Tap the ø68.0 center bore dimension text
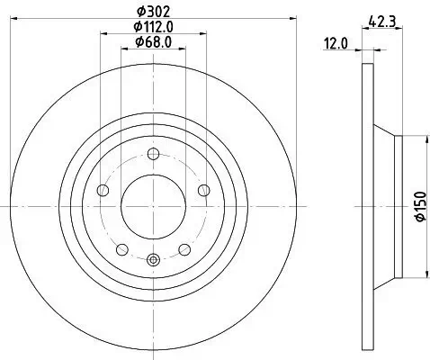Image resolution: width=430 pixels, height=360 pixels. pos(154,41)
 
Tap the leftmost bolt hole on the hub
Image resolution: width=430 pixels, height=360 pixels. pos(102,190)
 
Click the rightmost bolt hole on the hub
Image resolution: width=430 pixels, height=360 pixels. pos(205,190)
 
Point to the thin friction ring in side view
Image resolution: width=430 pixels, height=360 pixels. pos(366,207)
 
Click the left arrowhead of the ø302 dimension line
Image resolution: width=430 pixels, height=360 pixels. pos(20,21)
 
